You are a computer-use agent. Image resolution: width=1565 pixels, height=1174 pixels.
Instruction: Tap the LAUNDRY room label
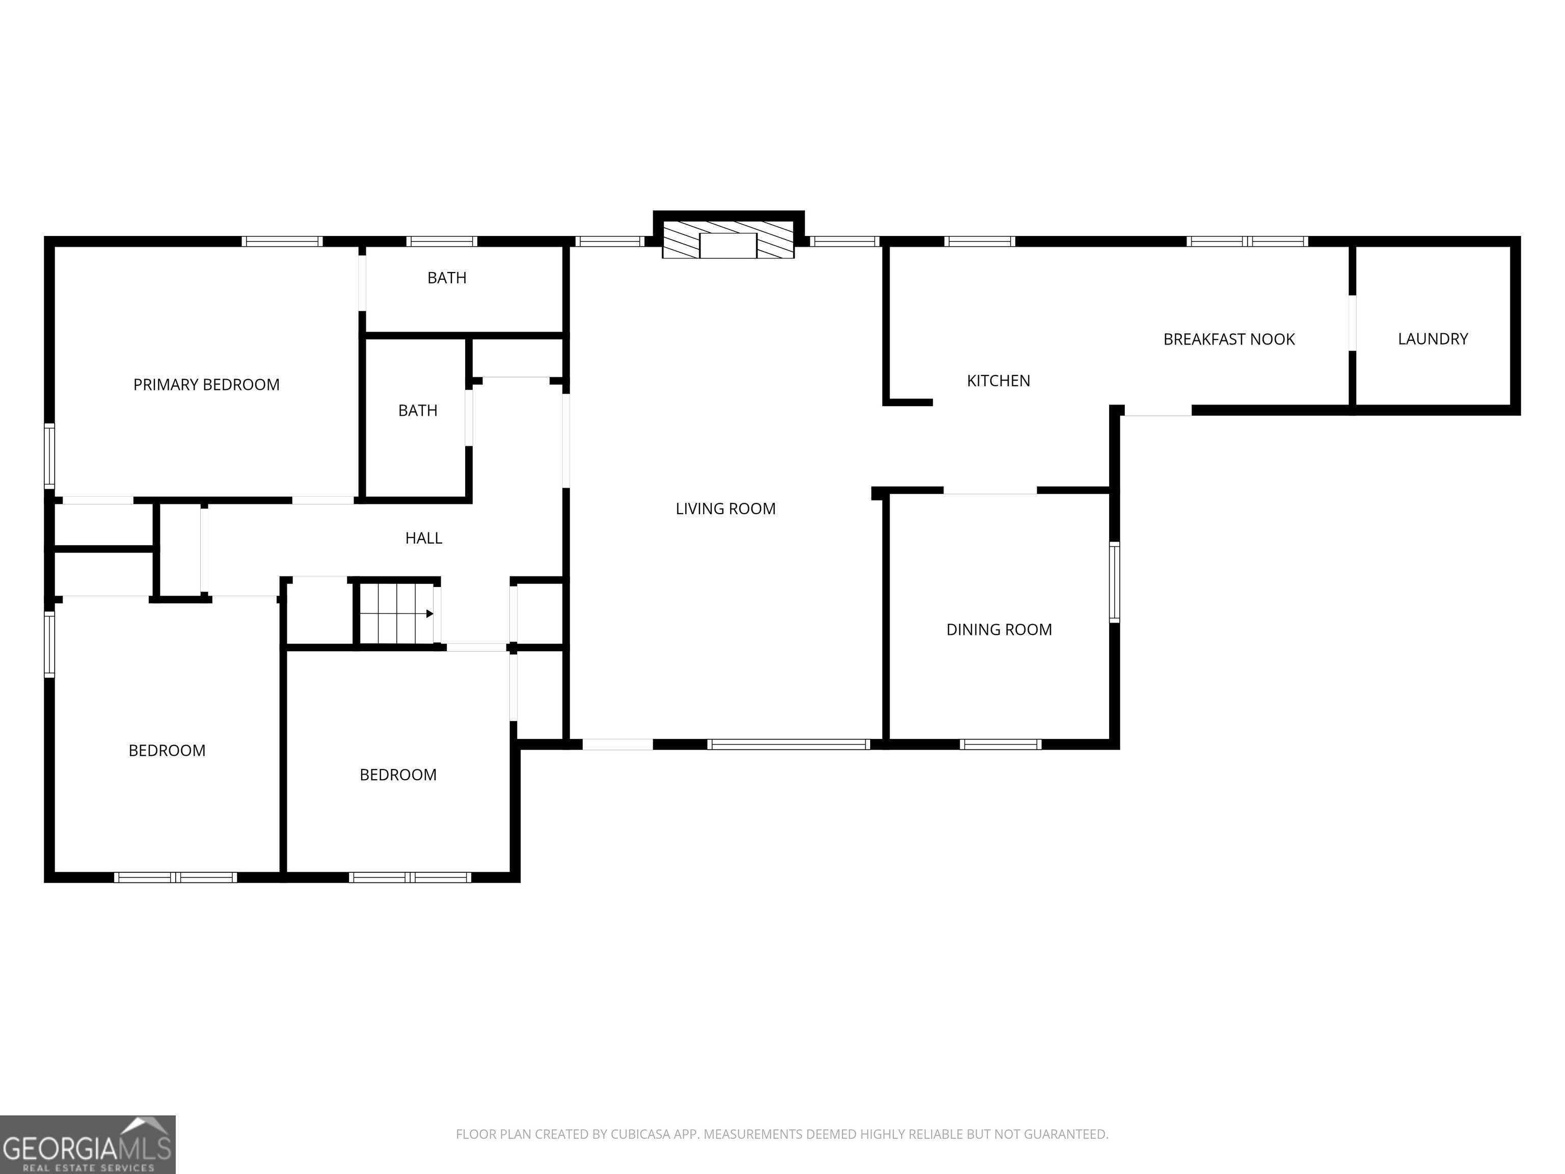(x=1433, y=339)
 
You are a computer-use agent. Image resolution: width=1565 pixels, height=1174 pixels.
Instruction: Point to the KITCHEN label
(x=999, y=381)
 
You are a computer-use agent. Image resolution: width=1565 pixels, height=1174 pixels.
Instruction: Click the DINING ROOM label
(x=999, y=630)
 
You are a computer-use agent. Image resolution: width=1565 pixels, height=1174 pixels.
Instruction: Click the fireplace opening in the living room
(x=728, y=246)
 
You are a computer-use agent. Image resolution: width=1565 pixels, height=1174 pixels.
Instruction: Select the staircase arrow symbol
(x=429, y=613)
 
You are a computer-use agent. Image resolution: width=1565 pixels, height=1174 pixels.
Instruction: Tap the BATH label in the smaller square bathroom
(x=417, y=410)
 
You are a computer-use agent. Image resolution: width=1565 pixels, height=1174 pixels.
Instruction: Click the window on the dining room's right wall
(x=1114, y=582)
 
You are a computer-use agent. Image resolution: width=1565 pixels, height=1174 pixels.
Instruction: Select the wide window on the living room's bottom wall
(x=788, y=744)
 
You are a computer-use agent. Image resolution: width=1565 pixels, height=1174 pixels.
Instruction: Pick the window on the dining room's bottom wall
(x=1001, y=744)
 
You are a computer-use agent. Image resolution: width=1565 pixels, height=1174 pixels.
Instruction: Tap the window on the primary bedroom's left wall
(x=49, y=457)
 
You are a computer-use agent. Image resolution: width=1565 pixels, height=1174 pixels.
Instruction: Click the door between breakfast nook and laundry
(x=1352, y=323)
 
